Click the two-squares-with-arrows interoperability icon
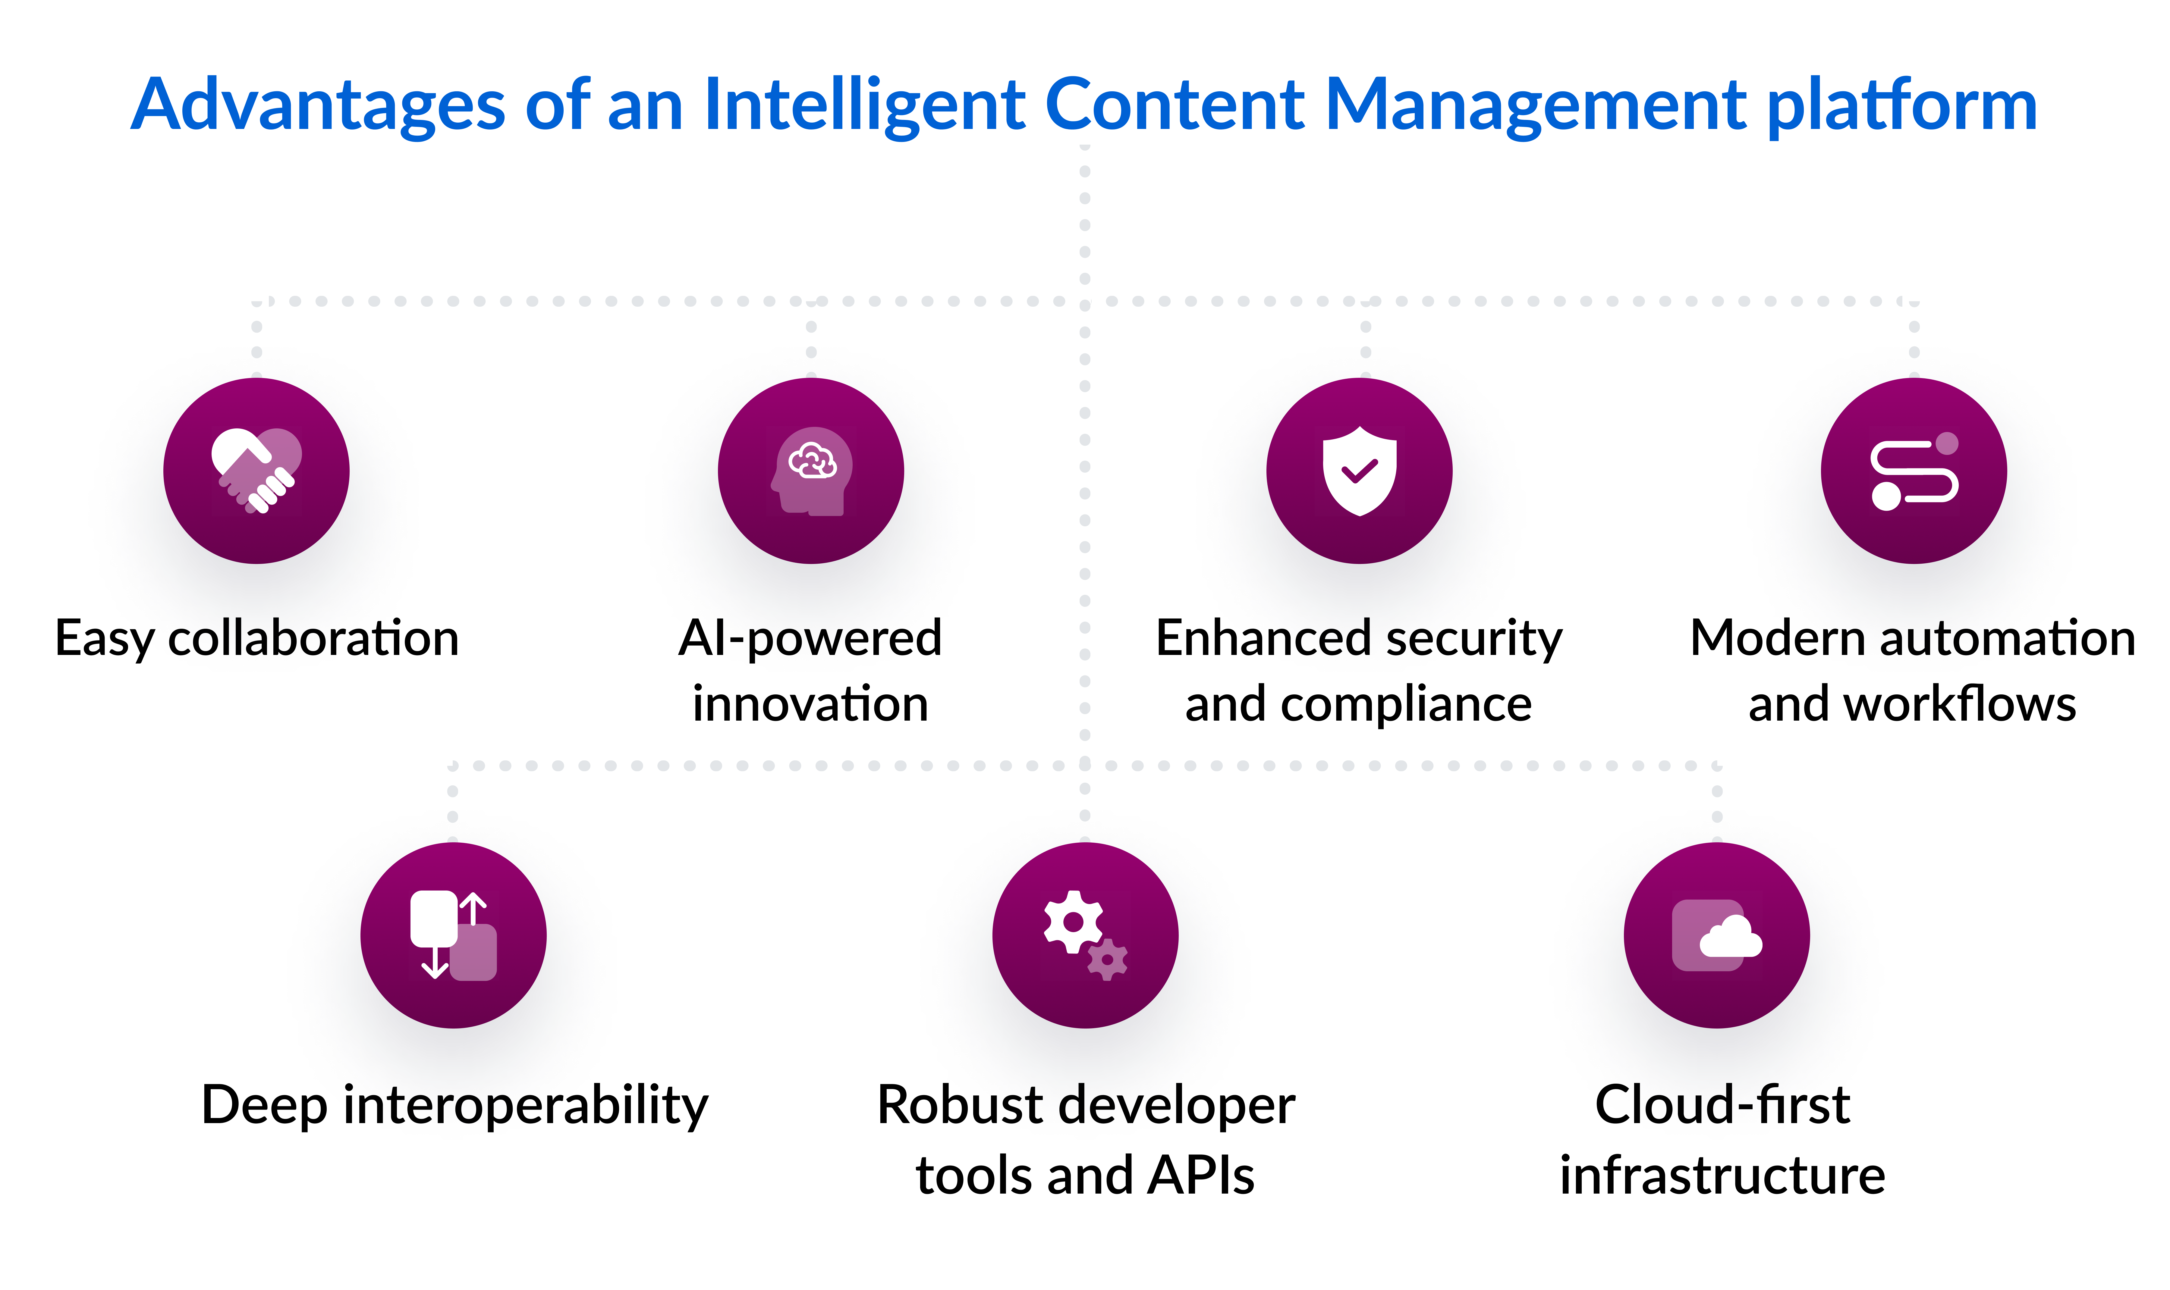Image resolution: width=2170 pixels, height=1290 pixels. pyautogui.click(x=453, y=935)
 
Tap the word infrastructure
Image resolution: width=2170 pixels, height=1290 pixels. pyautogui.click(x=1722, y=1175)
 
